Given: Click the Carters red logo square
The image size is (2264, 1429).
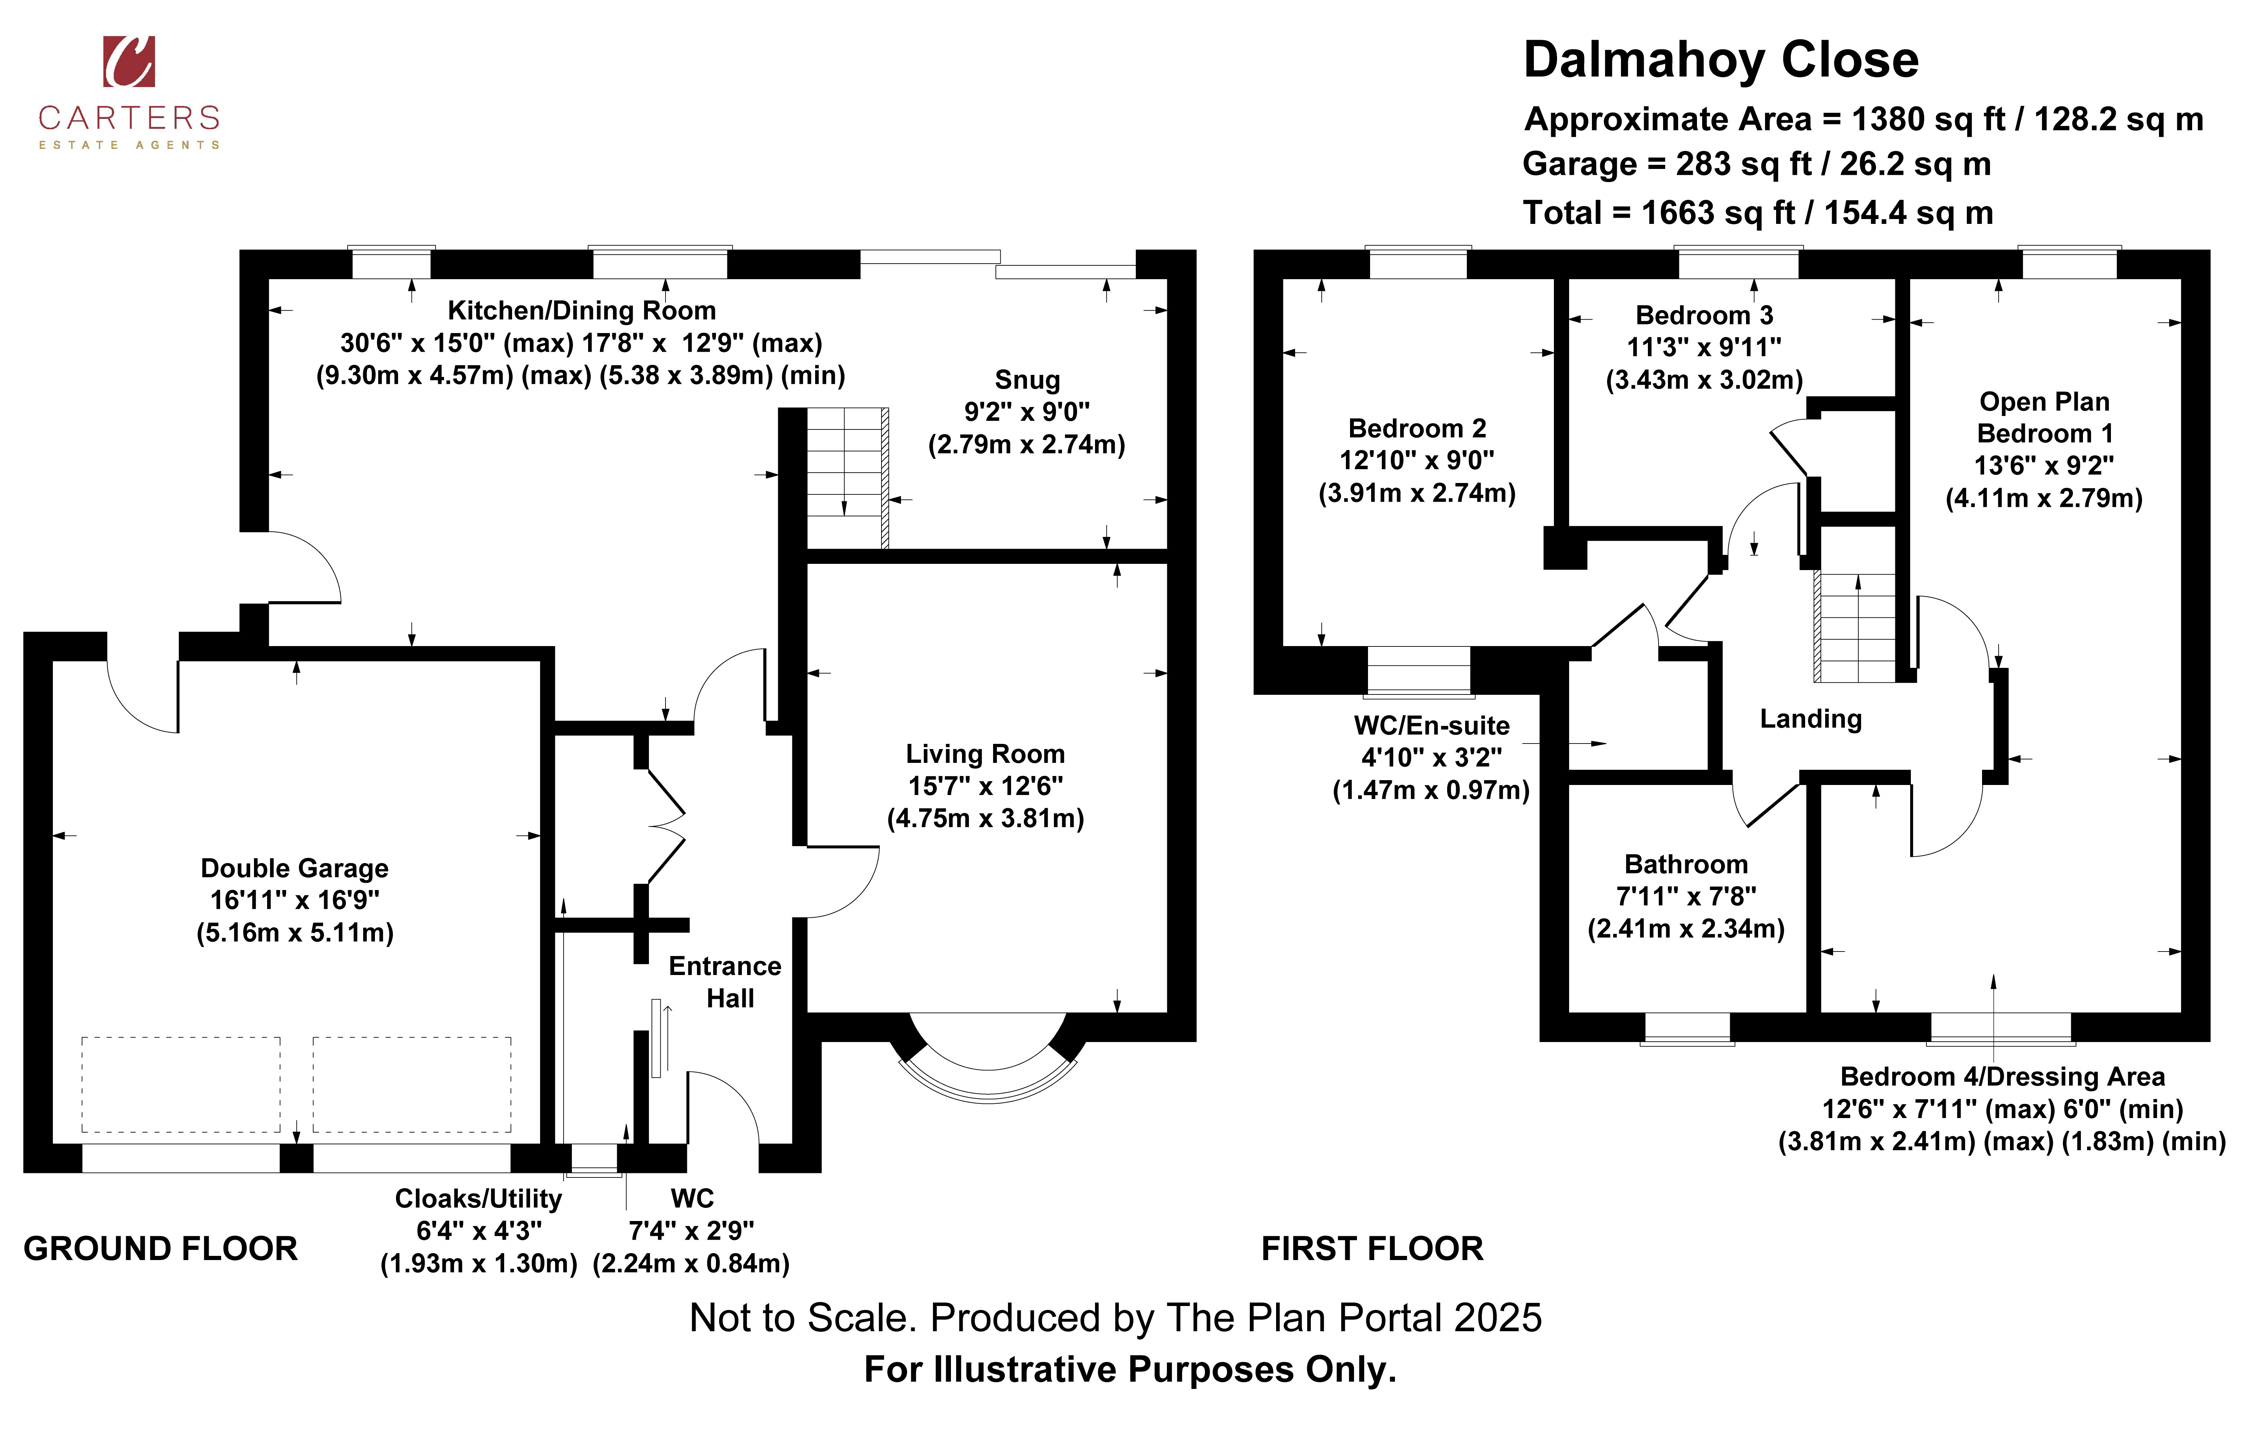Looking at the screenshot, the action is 129,61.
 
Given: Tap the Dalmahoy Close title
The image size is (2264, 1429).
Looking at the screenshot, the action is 1720,60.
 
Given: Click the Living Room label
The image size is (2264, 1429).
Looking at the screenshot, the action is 985,754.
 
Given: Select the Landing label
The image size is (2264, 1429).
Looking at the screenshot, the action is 1811,719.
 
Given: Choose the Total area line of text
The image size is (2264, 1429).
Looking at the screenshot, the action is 1758,214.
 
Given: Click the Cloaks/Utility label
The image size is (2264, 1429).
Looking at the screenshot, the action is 479,1199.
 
